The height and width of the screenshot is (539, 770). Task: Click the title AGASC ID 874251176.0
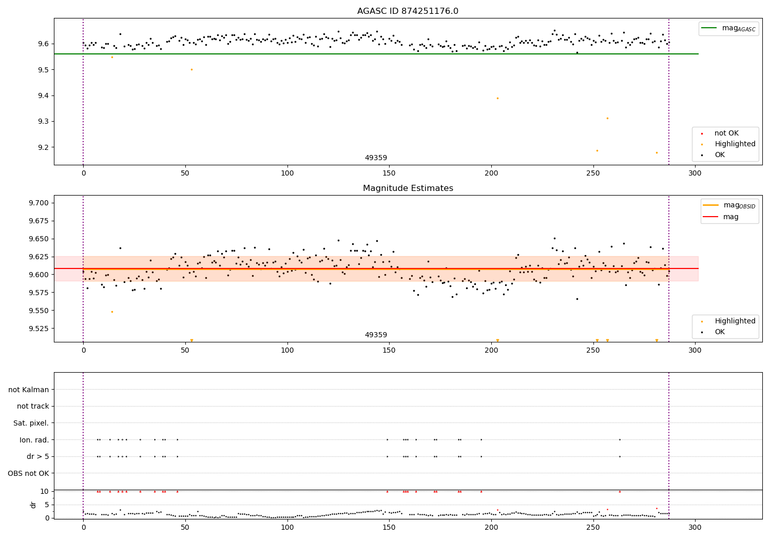coord(408,11)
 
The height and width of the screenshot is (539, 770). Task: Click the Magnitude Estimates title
coord(408,188)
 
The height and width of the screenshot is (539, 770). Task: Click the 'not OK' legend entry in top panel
coord(726,133)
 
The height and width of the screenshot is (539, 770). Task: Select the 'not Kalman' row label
coord(29,390)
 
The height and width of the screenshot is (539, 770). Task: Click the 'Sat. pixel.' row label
coord(31,423)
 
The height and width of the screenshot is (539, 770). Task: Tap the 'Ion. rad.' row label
coord(34,440)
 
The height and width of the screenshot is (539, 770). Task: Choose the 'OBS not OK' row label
coord(28,473)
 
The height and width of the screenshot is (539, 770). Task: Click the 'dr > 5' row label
coord(37,456)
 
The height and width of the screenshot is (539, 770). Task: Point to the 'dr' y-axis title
coord(33,505)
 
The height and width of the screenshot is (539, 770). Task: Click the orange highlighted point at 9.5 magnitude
coord(191,69)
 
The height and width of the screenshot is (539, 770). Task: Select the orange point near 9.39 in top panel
coord(497,98)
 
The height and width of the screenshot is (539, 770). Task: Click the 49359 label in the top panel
coord(376,158)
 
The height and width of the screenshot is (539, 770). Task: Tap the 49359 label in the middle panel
coord(376,335)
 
